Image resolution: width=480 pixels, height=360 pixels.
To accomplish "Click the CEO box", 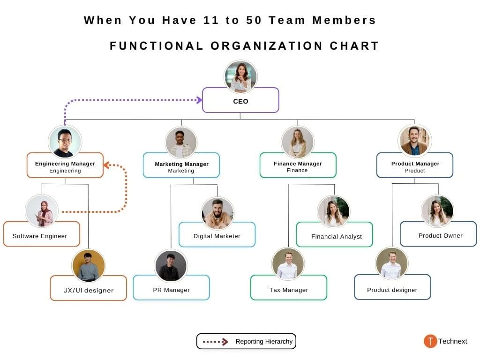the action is click(x=240, y=100).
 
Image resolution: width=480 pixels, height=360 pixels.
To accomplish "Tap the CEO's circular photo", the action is click(x=240, y=76).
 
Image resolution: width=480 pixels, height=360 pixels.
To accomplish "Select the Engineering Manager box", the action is click(x=65, y=165).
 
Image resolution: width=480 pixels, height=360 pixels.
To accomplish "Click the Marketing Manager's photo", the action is click(x=181, y=142).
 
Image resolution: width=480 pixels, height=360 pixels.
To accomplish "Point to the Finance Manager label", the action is click(x=298, y=164).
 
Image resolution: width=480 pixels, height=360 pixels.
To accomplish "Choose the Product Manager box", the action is click(x=415, y=165).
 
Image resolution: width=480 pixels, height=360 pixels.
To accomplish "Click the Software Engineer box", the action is click(x=42, y=234).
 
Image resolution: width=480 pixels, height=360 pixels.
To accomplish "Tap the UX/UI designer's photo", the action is click(x=89, y=266).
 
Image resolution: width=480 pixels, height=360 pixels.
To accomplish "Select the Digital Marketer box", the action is click(x=217, y=234).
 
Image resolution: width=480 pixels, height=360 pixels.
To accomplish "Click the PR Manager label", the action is click(x=172, y=290).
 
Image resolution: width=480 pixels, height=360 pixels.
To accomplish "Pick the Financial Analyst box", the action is click(x=335, y=234).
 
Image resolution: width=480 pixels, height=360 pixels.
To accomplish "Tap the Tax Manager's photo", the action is click(x=288, y=264).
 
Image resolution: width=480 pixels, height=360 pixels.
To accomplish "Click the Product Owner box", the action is click(x=438, y=234).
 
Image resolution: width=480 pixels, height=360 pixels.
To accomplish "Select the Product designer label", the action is click(x=392, y=290).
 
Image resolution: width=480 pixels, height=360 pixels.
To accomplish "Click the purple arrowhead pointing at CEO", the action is click(x=199, y=100).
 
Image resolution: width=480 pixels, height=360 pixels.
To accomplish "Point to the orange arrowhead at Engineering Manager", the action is click(x=107, y=165).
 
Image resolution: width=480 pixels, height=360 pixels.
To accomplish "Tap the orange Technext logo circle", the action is click(x=430, y=341).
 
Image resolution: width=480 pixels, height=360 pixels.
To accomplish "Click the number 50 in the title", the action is click(x=254, y=20).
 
